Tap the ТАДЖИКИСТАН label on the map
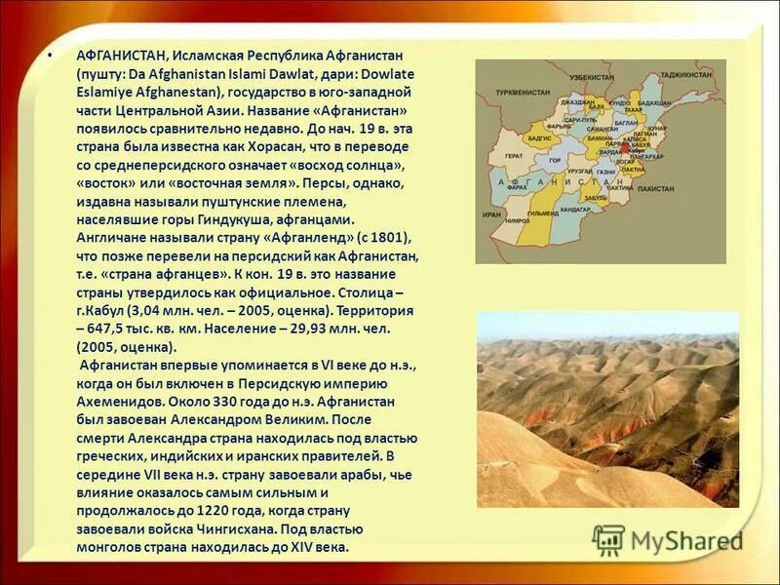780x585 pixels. (686, 74)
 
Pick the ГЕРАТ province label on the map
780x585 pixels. (514, 156)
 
